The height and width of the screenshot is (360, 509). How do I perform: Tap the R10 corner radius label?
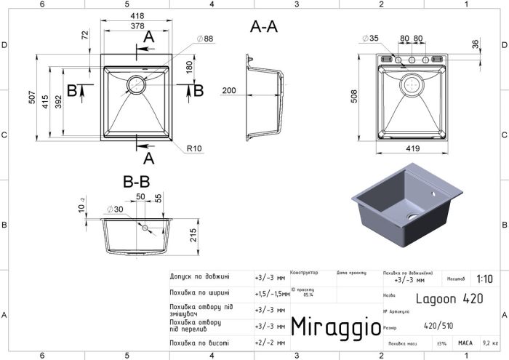click(x=193, y=148)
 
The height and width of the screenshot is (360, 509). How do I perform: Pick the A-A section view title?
click(x=263, y=27)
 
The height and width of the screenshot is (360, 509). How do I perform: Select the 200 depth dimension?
click(x=229, y=90)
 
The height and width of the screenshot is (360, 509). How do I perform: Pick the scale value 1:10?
click(x=484, y=278)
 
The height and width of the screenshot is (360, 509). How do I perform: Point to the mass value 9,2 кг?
click(x=490, y=343)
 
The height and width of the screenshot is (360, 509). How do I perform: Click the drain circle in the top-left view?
click(x=136, y=84)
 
